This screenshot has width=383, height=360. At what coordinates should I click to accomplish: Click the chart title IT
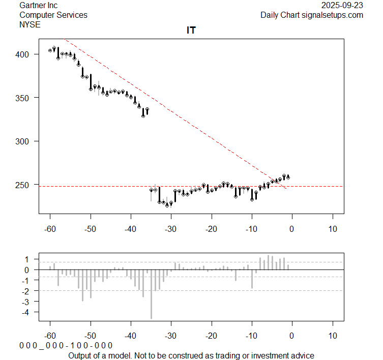tap(191, 31)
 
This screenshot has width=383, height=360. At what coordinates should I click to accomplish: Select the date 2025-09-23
tap(343, 5)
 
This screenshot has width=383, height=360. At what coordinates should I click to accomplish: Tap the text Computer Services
tap(53, 15)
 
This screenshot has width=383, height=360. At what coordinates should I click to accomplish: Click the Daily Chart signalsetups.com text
tap(312, 15)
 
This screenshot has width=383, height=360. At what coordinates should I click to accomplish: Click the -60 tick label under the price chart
tap(50, 228)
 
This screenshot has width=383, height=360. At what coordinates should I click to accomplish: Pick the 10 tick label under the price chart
tap(332, 228)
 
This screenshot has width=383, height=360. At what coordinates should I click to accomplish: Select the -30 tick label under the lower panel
tap(171, 336)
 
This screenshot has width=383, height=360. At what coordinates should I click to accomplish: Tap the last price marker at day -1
tap(288, 177)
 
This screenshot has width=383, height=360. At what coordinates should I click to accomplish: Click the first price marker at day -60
tap(50, 50)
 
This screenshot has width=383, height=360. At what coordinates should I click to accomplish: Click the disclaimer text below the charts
tap(191, 355)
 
